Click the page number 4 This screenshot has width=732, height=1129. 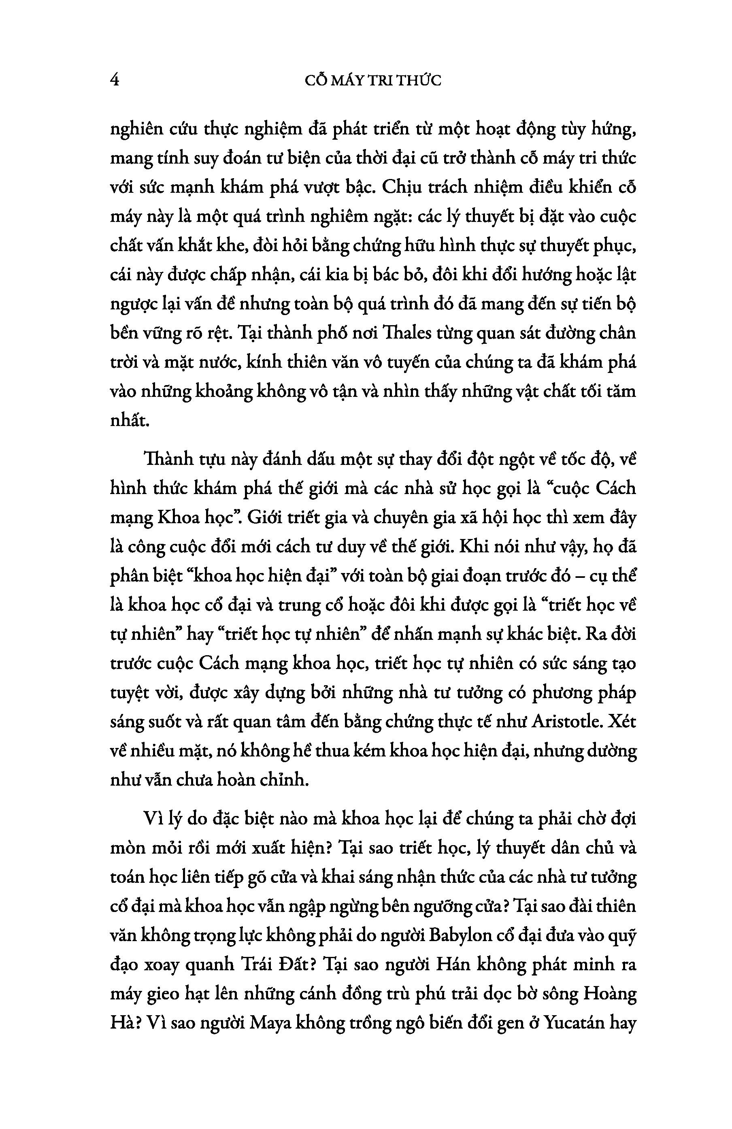pyautogui.click(x=114, y=80)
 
